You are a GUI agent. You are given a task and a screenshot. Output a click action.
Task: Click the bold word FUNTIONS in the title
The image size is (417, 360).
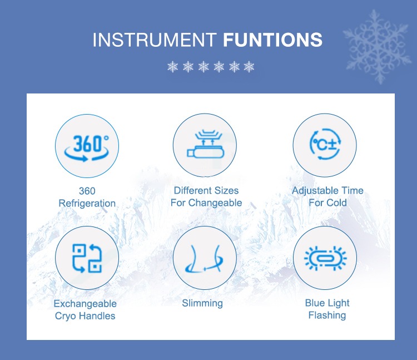tap(272, 40)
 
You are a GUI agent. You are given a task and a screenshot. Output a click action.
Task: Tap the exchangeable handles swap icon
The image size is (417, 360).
tap(87, 258)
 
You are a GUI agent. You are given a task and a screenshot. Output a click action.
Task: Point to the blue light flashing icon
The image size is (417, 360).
tap(325, 258)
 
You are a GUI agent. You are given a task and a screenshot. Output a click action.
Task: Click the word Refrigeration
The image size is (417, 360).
tap(87, 203)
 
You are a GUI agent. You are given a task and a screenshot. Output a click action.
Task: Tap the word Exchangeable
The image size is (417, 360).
tap(85, 304)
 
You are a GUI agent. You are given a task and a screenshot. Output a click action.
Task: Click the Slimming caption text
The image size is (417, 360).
tap(202, 304)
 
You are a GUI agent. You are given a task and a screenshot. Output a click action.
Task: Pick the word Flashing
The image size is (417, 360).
tap(327, 315)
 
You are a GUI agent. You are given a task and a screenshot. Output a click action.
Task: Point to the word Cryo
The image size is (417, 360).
tap(66, 316)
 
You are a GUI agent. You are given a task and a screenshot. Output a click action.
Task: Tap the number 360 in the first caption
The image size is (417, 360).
tap(87, 191)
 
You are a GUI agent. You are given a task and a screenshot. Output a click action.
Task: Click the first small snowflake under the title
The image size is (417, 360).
tap(172, 67)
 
